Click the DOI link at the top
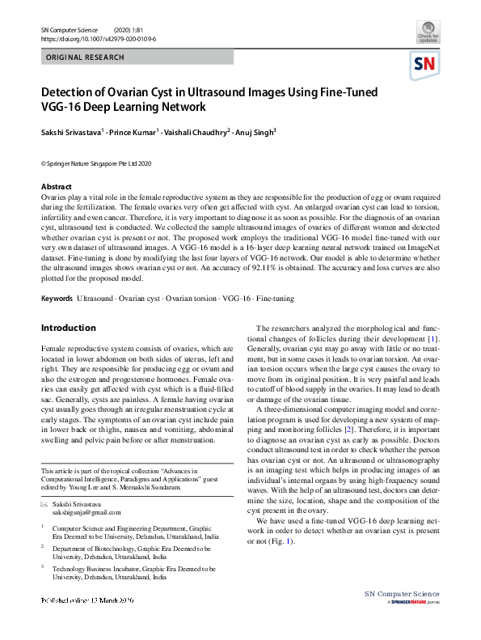point(99,38)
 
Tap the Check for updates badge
point(428,32)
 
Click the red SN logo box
point(427,65)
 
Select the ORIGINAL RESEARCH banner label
point(86,57)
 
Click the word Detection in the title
point(74,92)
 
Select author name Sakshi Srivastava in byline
point(70,132)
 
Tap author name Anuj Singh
point(255,132)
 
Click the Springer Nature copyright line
point(96,163)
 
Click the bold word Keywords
point(57,299)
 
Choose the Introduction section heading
point(68,328)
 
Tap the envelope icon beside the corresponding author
point(45,504)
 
